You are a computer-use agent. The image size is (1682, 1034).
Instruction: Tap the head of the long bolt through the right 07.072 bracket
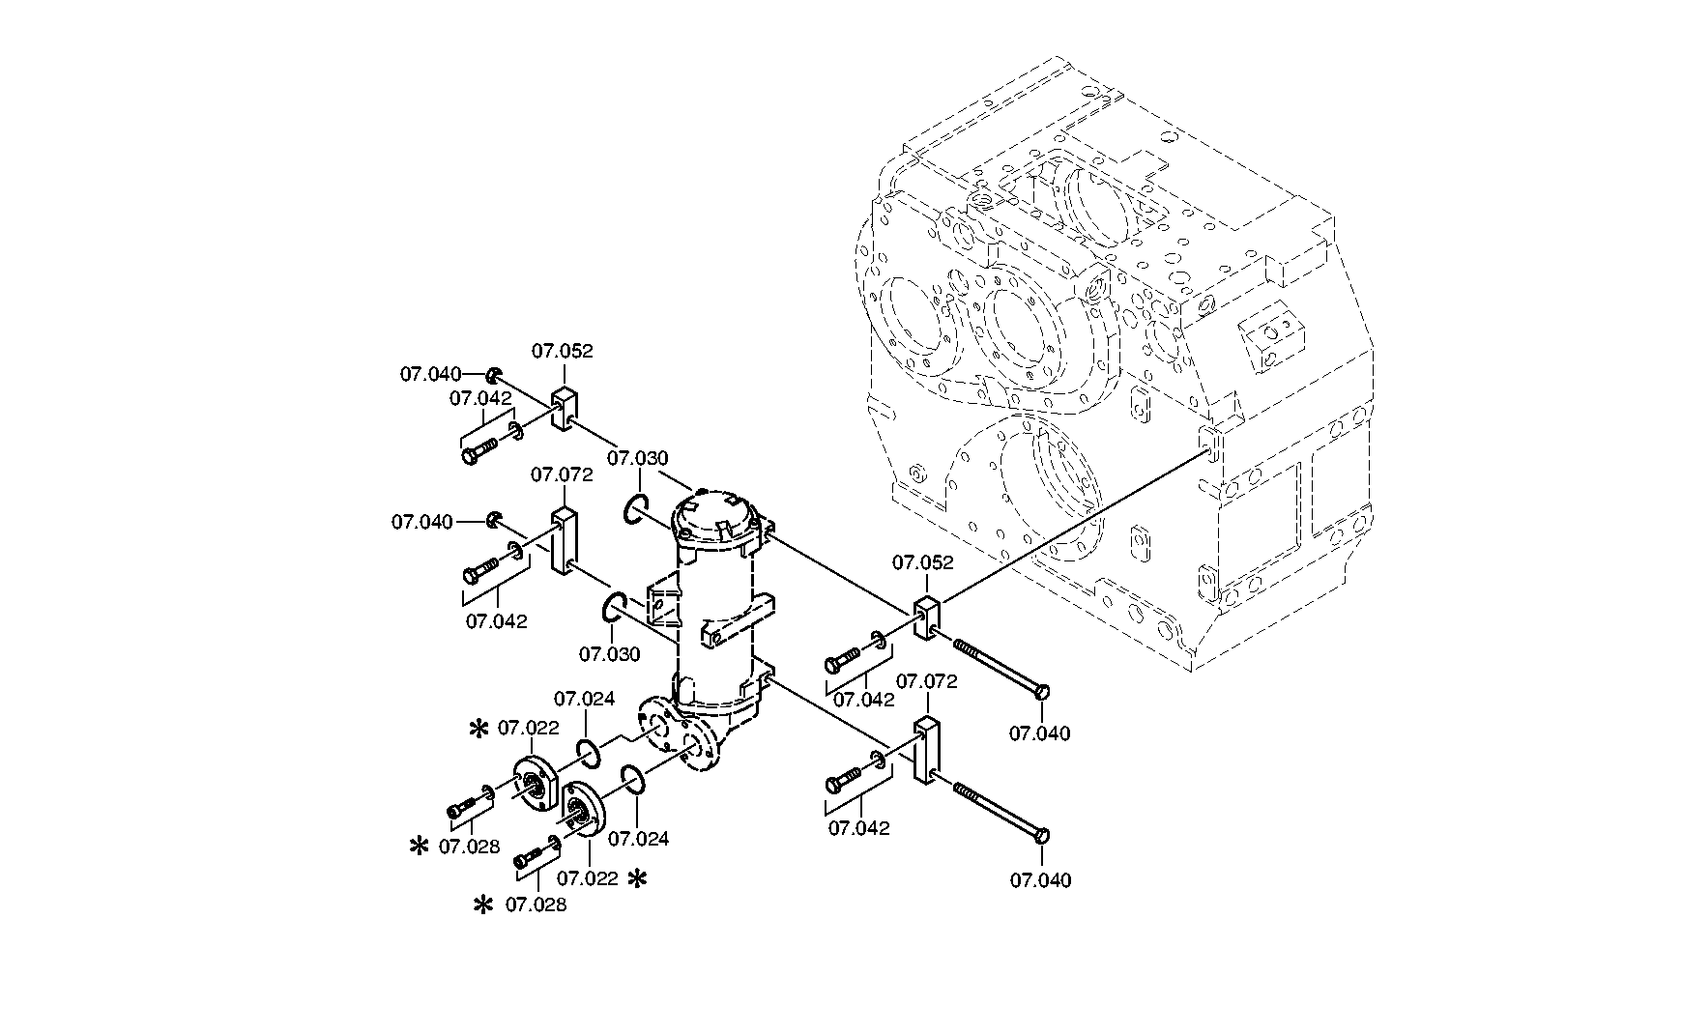pyautogui.click(x=1041, y=835)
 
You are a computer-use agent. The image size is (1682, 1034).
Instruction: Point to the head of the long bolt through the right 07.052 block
pyautogui.click(x=1042, y=690)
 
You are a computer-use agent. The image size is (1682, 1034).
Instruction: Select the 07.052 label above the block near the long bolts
pyautogui.click(x=922, y=562)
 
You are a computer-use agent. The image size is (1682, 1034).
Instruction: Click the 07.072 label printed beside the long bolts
pyautogui.click(x=926, y=681)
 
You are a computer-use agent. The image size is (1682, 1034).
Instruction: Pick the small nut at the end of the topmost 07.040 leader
pyautogui.click(x=493, y=375)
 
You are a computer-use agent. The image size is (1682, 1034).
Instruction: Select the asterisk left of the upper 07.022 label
pyautogui.click(x=478, y=730)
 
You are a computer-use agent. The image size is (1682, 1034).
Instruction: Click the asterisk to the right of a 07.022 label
pyautogui.click(x=638, y=878)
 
